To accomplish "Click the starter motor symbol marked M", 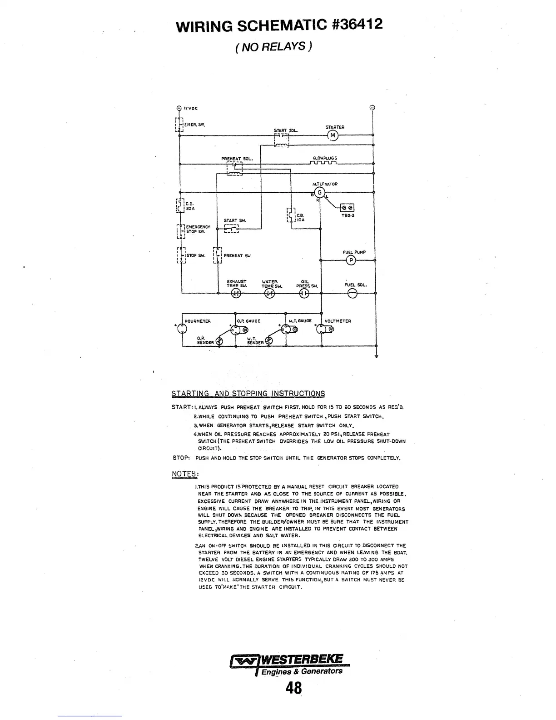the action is point(333,135).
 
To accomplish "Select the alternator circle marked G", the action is point(319,192).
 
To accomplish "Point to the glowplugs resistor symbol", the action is point(324,164).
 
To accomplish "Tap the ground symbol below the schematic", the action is point(376,356).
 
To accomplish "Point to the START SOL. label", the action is point(285,130).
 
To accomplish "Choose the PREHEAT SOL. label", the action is point(237,159).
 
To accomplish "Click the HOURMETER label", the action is point(198,321).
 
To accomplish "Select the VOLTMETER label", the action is point(338,321).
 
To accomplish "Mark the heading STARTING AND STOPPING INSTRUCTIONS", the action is point(248,393).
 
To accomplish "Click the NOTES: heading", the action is point(185,474).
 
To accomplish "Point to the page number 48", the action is point(294,689).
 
